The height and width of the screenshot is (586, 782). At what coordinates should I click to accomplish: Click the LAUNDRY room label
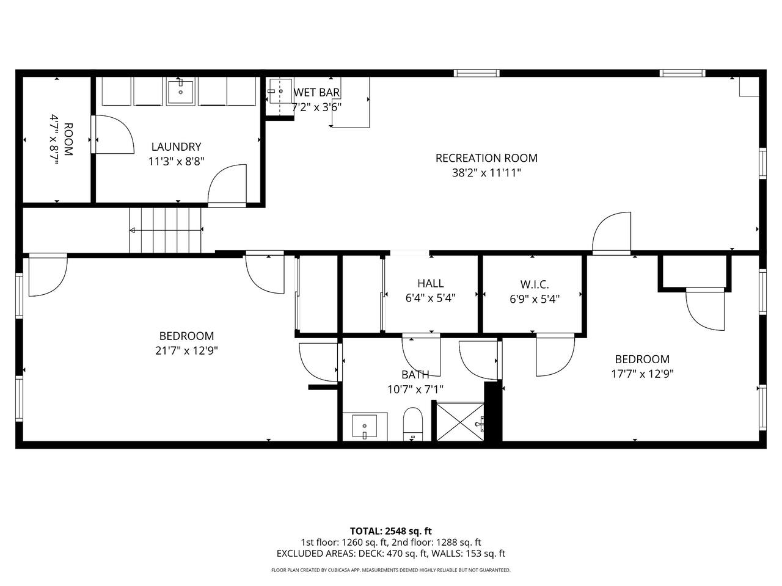click(x=176, y=146)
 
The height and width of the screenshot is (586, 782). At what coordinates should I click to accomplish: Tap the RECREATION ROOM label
click(x=486, y=158)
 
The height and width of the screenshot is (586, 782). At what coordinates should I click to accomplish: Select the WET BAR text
click(x=316, y=93)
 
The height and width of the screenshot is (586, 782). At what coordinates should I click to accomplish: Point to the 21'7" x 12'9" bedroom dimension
click(x=186, y=351)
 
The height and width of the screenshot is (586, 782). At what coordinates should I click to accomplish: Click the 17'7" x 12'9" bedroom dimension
click(x=642, y=374)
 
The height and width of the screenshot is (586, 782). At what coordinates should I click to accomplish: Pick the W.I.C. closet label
click(x=535, y=284)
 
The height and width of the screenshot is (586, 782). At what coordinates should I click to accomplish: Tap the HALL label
click(x=430, y=283)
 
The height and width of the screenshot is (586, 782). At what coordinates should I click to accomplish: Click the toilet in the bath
click(x=413, y=424)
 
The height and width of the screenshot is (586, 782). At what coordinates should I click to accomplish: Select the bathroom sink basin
click(x=365, y=426)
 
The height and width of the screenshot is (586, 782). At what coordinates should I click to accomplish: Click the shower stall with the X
click(x=460, y=422)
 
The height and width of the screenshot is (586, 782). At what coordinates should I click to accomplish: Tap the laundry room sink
click(x=181, y=92)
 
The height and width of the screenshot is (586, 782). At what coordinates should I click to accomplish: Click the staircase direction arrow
click(x=166, y=230)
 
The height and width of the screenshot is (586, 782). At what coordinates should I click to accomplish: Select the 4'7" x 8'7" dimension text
click(x=54, y=139)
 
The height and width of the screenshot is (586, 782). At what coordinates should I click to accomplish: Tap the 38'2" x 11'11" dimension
click(x=486, y=173)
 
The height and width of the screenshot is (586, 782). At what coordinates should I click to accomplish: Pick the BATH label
click(x=415, y=375)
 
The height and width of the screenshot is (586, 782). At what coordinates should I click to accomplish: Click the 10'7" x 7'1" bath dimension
click(x=415, y=389)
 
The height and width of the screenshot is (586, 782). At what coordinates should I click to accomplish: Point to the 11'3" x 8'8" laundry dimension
click(x=176, y=162)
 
